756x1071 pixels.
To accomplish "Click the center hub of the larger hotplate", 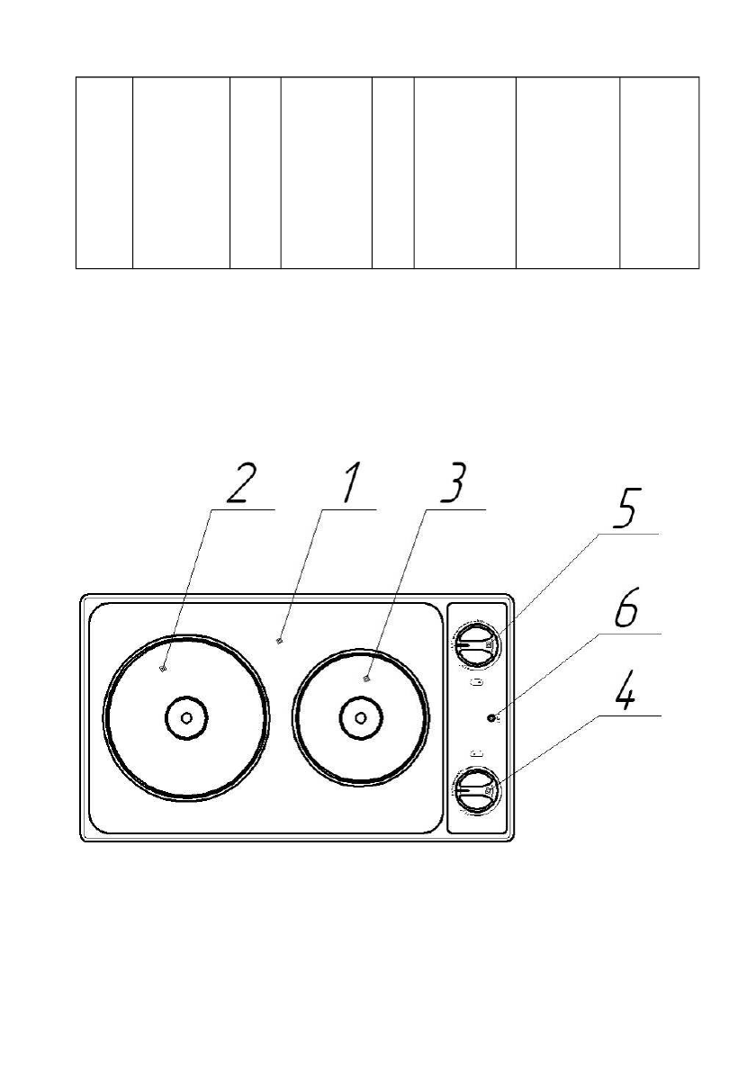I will [x=186, y=717].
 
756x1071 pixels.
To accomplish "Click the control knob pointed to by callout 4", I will [x=474, y=792].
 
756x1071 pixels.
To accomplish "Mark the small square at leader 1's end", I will [x=280, y=641].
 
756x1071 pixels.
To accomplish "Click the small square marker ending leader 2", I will [x=162, y=668].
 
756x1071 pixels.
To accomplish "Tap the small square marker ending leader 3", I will [x=366, y=679].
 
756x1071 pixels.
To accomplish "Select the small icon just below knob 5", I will [x=476, y=682].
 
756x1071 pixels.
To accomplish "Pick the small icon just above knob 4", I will [x=476, y=753].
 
